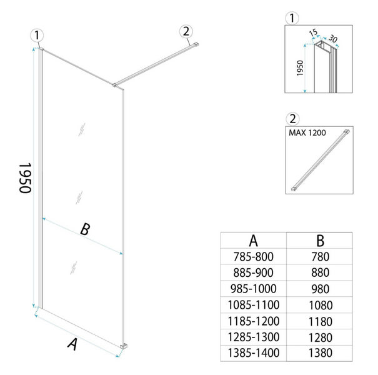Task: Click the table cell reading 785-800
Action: pyautogui.click(x=254, y=257)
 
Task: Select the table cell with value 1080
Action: pyautogui.click(x=320, y=305)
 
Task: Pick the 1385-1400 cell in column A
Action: pyautogui.click(x=254, y=353)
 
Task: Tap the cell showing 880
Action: pyautogui.click(x=320, y=272)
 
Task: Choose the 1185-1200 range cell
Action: pyautogui.click(x=254, y=321)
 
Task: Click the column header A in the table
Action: pyautogui.click(x=254, y=241)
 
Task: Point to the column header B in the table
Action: pyautogui.click(x=320, y=241)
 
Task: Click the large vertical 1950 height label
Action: pyautogui.click(x=25, y=178)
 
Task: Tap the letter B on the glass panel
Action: pyautogui.click(x=85, y=229)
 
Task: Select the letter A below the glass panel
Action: pyautogui.click(x=73, y=344)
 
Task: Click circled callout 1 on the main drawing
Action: pyautogui.click(x=37, y=36)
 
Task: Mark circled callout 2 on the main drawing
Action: pyautogui.click(x=186, y=31)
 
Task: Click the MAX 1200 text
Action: pyautogui.click(x=307, y=132)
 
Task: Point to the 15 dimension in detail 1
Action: pyautogui.click(x=313, y=32)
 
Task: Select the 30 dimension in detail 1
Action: pyautogui.click(x=333, y=39)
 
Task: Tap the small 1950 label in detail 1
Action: pyautogui.click(x=300, y=68)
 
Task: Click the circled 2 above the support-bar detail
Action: pyautogui.click(x=292, y=119)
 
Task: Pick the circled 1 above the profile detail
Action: pyautogui.click(x=292, y=18)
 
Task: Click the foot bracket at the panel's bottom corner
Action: pyautogui.click(x=124, y=346)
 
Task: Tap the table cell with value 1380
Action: pyautogui.click(x=320, y=353)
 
